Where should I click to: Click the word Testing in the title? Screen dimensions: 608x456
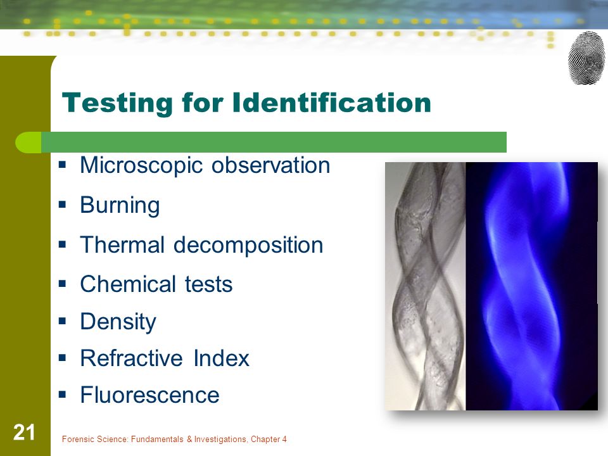[117, 103]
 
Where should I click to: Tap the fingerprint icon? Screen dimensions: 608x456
[586, 58]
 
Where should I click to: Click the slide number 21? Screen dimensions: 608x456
[24, 433]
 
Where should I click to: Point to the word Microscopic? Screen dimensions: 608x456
[141, 165]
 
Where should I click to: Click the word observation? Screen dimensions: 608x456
[270, 165]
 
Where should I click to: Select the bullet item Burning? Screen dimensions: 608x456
[120, 205]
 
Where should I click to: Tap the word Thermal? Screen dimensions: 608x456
[122, 244]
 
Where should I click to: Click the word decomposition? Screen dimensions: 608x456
[248, 246]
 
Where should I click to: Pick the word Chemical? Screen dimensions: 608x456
[127, 284]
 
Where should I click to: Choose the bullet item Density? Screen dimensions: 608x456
[118, 322]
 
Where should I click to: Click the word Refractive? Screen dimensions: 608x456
[132, 358]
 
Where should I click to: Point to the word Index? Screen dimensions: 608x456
[222, 358]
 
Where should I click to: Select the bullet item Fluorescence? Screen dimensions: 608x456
[149, 395]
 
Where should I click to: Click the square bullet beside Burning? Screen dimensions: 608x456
[63, 204]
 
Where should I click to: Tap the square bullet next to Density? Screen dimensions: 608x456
[63, 320]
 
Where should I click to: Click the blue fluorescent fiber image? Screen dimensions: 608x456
[531, 286]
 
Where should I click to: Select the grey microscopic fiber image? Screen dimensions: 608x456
[426, 286]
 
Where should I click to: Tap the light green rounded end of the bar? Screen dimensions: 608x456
[28, 142]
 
